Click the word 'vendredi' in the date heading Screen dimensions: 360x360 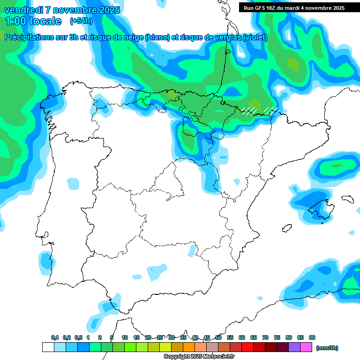[23, 10]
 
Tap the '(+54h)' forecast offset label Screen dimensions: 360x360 [81, 21]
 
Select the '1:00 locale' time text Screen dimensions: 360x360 [33, 21]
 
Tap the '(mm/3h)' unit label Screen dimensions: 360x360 [327, 348]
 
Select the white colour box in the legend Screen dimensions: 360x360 [48, 347]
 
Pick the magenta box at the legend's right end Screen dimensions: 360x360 [306, 347]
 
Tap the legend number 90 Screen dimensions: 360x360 [312, 337]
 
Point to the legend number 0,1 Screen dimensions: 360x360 [55, 337]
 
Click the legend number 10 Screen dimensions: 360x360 [125, 337]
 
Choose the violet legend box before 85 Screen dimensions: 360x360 [294, 347]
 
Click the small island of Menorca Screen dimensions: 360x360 [347, 199]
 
